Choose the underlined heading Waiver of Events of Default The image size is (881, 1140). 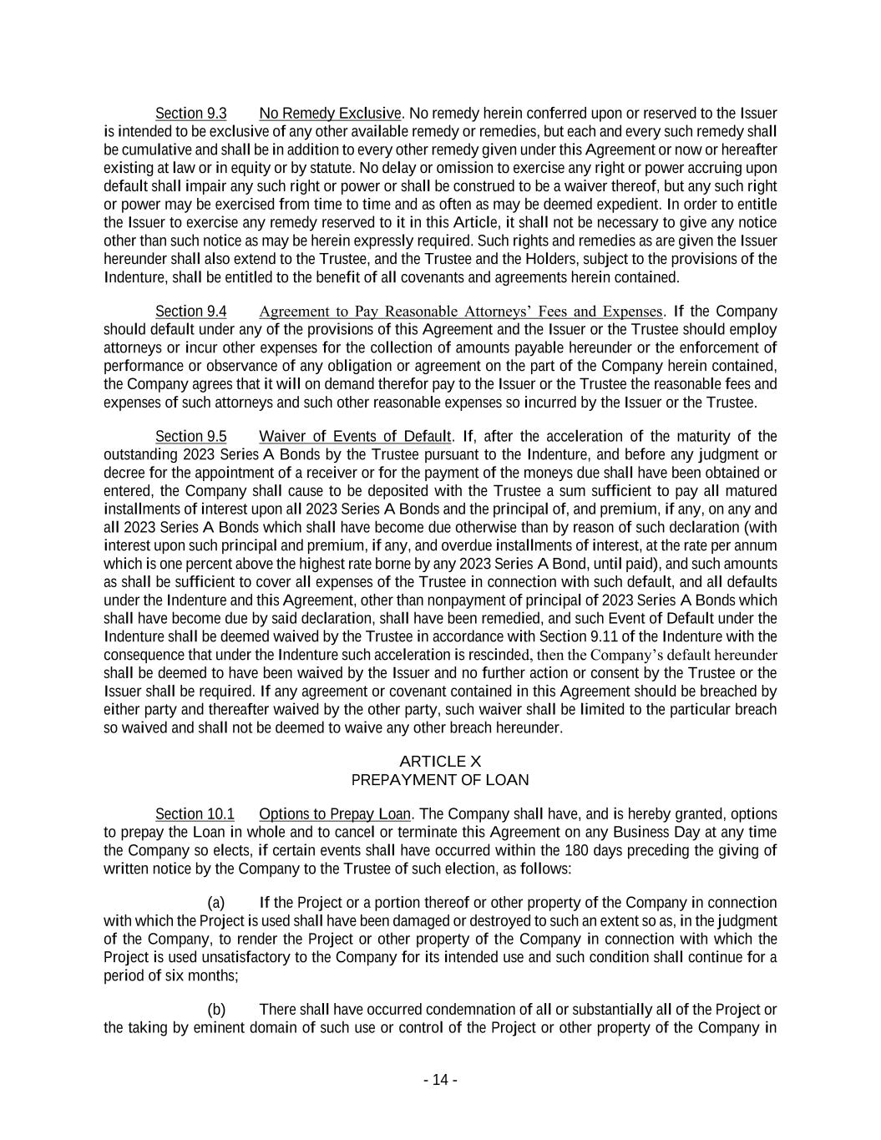click(x=355, y=436)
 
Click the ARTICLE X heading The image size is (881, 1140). click(x=440, y=761)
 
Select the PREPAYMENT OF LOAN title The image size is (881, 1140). click(x=440, y=779)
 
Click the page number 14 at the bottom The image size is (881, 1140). click(x=440, y=1080)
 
